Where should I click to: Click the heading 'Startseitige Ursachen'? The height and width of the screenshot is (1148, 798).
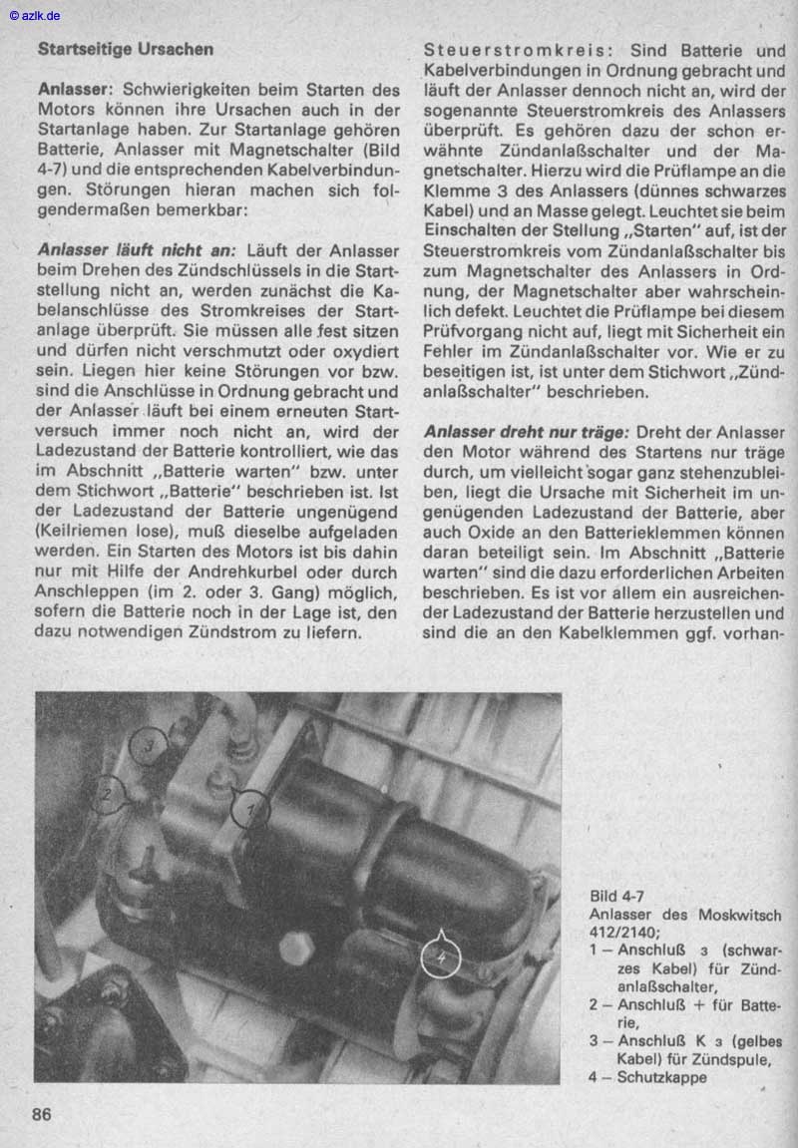tap(125, 48)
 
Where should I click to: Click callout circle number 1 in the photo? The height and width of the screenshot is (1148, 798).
tap(250, 809)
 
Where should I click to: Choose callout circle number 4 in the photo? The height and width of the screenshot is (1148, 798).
tap(440, 957)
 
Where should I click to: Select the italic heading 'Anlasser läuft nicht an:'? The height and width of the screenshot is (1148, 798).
tap(137, 250)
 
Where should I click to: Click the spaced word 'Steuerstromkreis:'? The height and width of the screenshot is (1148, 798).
tap(519, 50)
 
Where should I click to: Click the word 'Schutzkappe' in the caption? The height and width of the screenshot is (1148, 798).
tap(661, 1077)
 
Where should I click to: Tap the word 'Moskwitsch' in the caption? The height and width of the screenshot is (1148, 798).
tap(739, 915)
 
